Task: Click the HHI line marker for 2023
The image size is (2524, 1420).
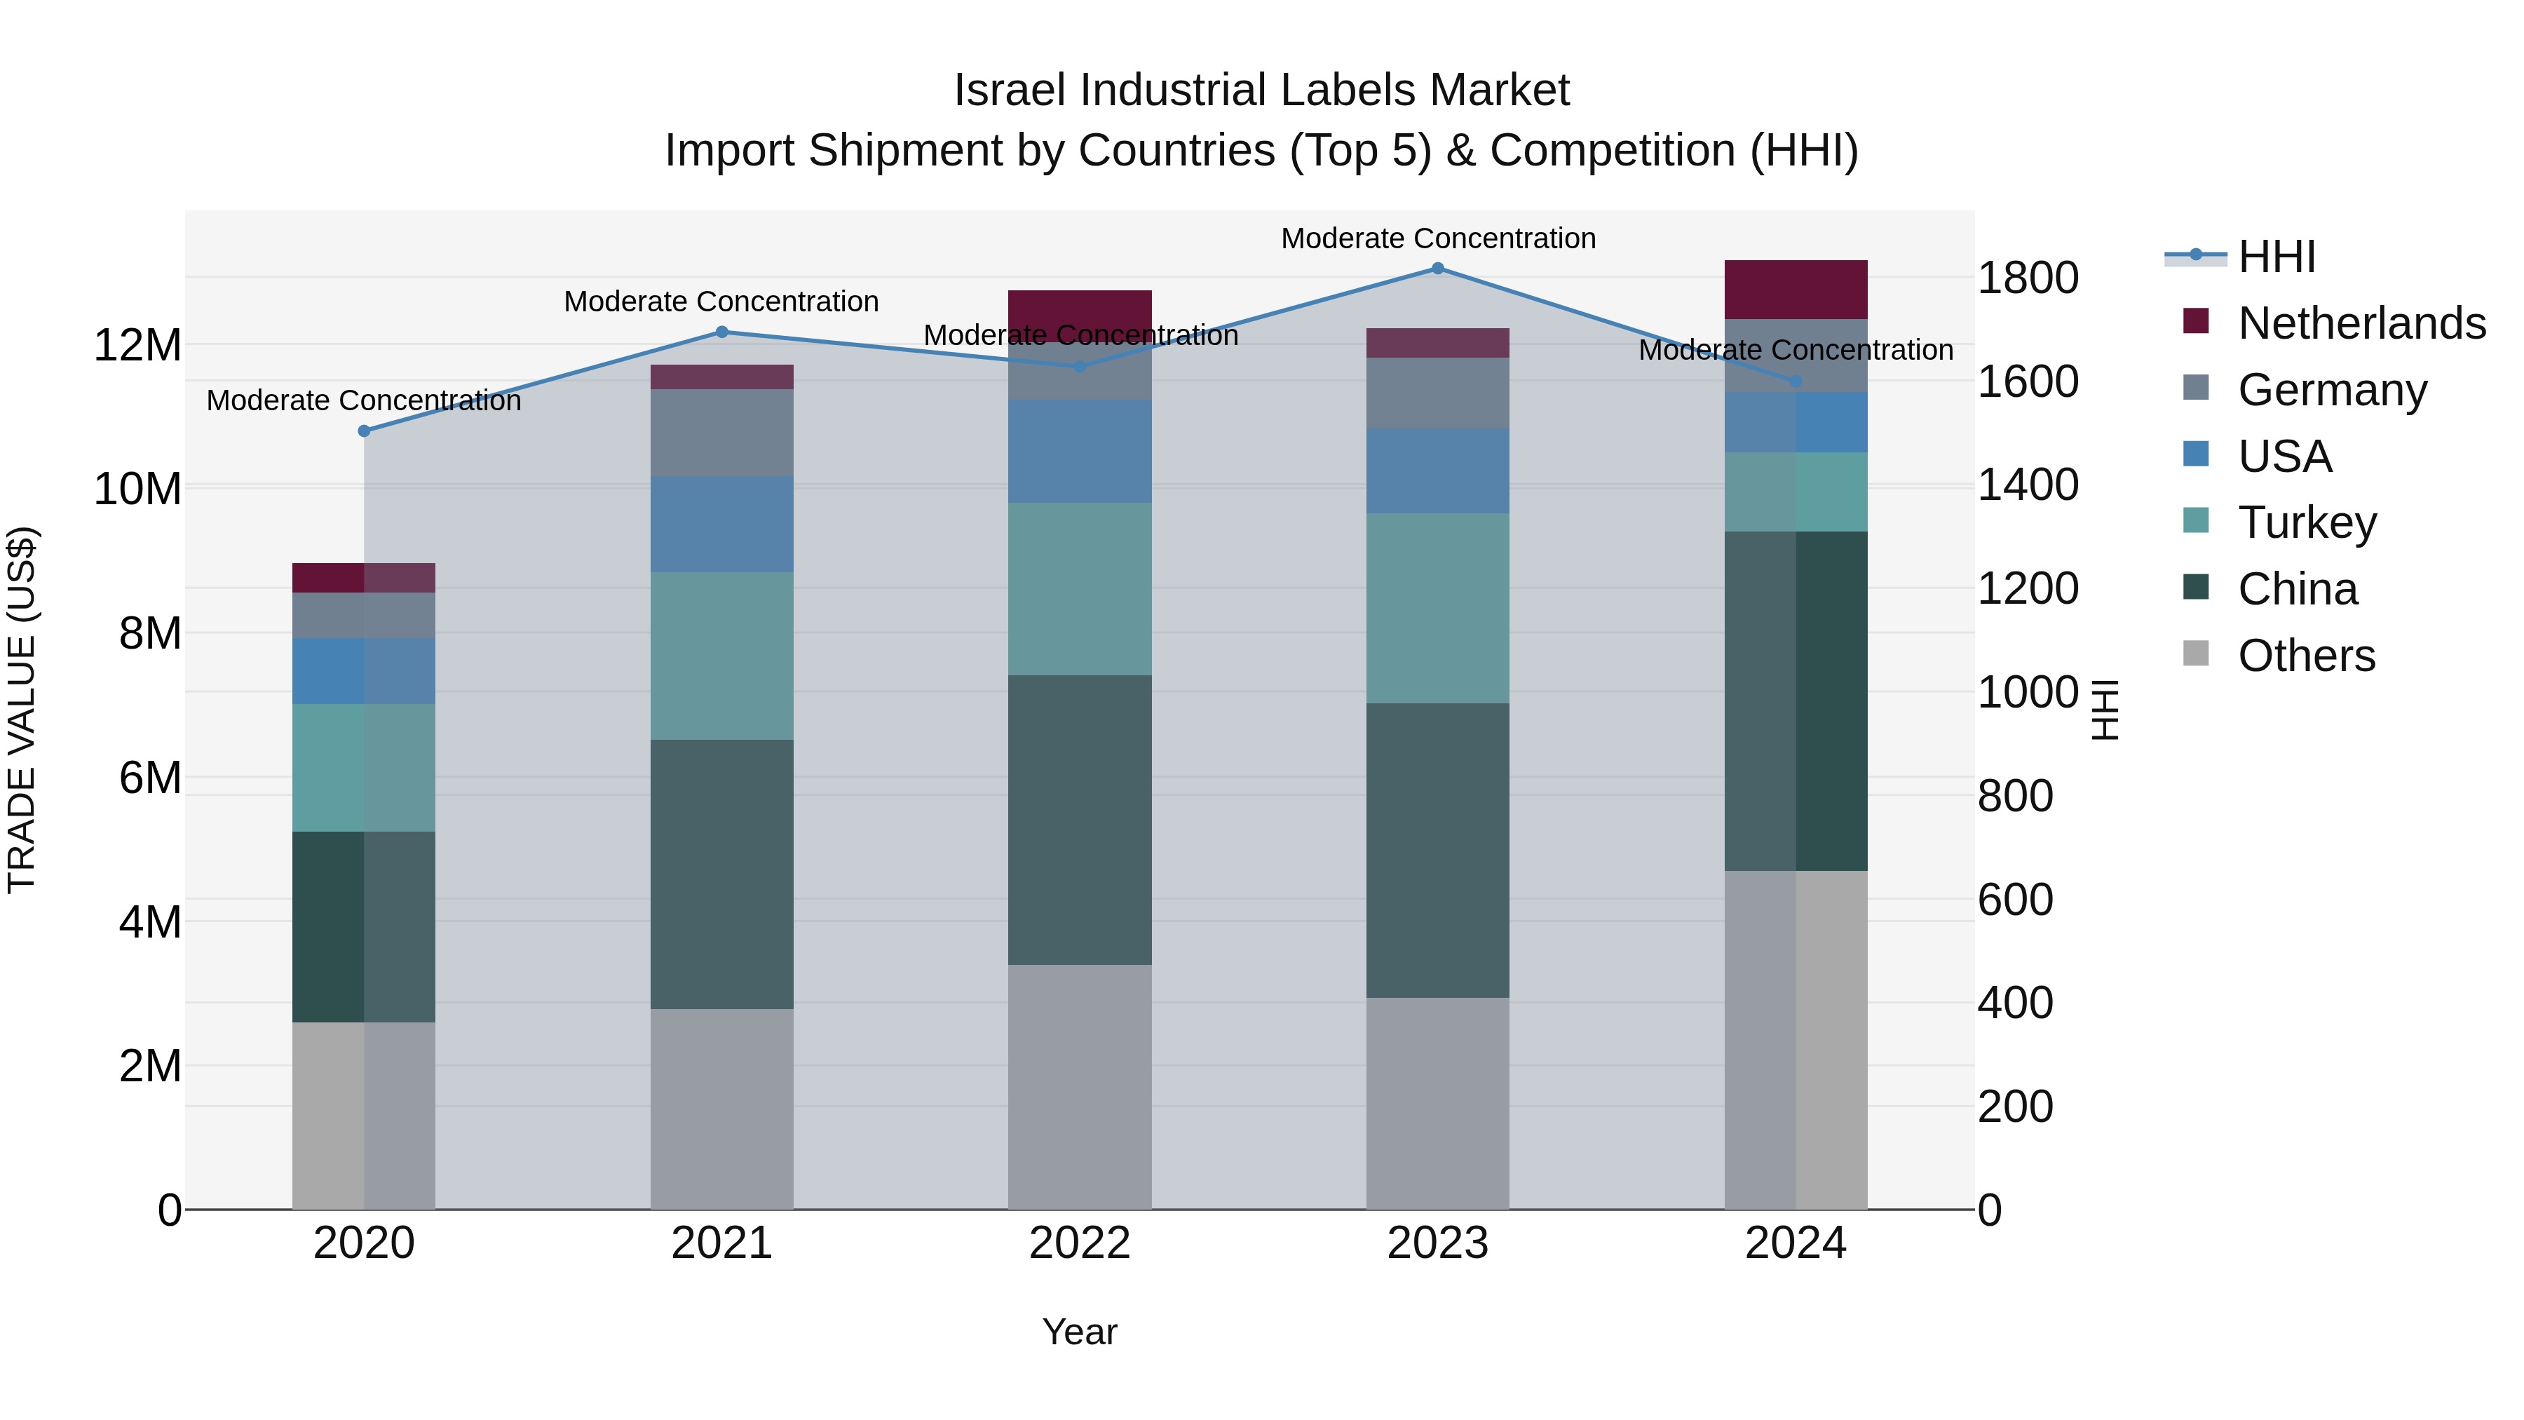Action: tap(1437, 268)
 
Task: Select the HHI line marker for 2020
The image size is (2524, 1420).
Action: tap(365, 431)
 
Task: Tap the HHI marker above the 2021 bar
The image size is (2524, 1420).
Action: tap(722, 332)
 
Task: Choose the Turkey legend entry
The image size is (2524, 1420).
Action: tap(2307, 522)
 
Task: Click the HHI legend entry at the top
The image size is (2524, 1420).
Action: tap(2275, 257)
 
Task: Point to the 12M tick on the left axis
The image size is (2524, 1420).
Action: tap(137, 346)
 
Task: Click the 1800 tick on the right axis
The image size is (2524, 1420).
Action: tap(2027, 278)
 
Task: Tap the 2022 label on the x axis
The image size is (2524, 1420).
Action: tap(1080, 1243)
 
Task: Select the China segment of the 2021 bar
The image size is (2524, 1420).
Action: tap(722, 874)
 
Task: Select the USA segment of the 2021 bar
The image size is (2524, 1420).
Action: tap(722, 525)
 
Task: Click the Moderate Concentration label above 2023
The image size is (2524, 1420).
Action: tap(1437, 238)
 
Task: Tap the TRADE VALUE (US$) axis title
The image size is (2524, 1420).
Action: tap(22, 710)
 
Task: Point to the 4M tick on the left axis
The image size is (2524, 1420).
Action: tap(149, 922)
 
